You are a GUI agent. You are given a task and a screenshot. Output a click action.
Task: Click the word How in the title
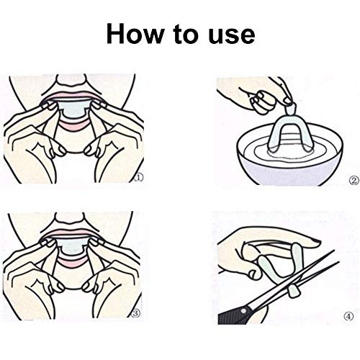[135, 33]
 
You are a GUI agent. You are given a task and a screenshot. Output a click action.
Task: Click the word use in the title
[231, 36]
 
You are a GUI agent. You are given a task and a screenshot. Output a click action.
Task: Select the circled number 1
[139, 178]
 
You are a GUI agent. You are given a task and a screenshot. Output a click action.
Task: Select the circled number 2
[354, 181]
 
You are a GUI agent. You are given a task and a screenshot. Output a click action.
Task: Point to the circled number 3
[135, 312]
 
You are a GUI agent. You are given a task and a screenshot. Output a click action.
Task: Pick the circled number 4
[348, 316]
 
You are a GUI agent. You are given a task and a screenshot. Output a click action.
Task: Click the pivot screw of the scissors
[244, 311]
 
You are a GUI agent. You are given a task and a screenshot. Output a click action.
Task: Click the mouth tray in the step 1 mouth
[74, 109]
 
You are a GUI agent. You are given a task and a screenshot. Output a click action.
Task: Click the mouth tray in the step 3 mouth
[74, 248]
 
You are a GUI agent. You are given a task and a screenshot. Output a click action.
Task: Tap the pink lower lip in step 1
[74, 125]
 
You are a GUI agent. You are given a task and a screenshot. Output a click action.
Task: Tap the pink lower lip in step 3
[74, 262]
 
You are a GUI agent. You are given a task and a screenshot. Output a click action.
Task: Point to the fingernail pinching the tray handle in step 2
[287, 101]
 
